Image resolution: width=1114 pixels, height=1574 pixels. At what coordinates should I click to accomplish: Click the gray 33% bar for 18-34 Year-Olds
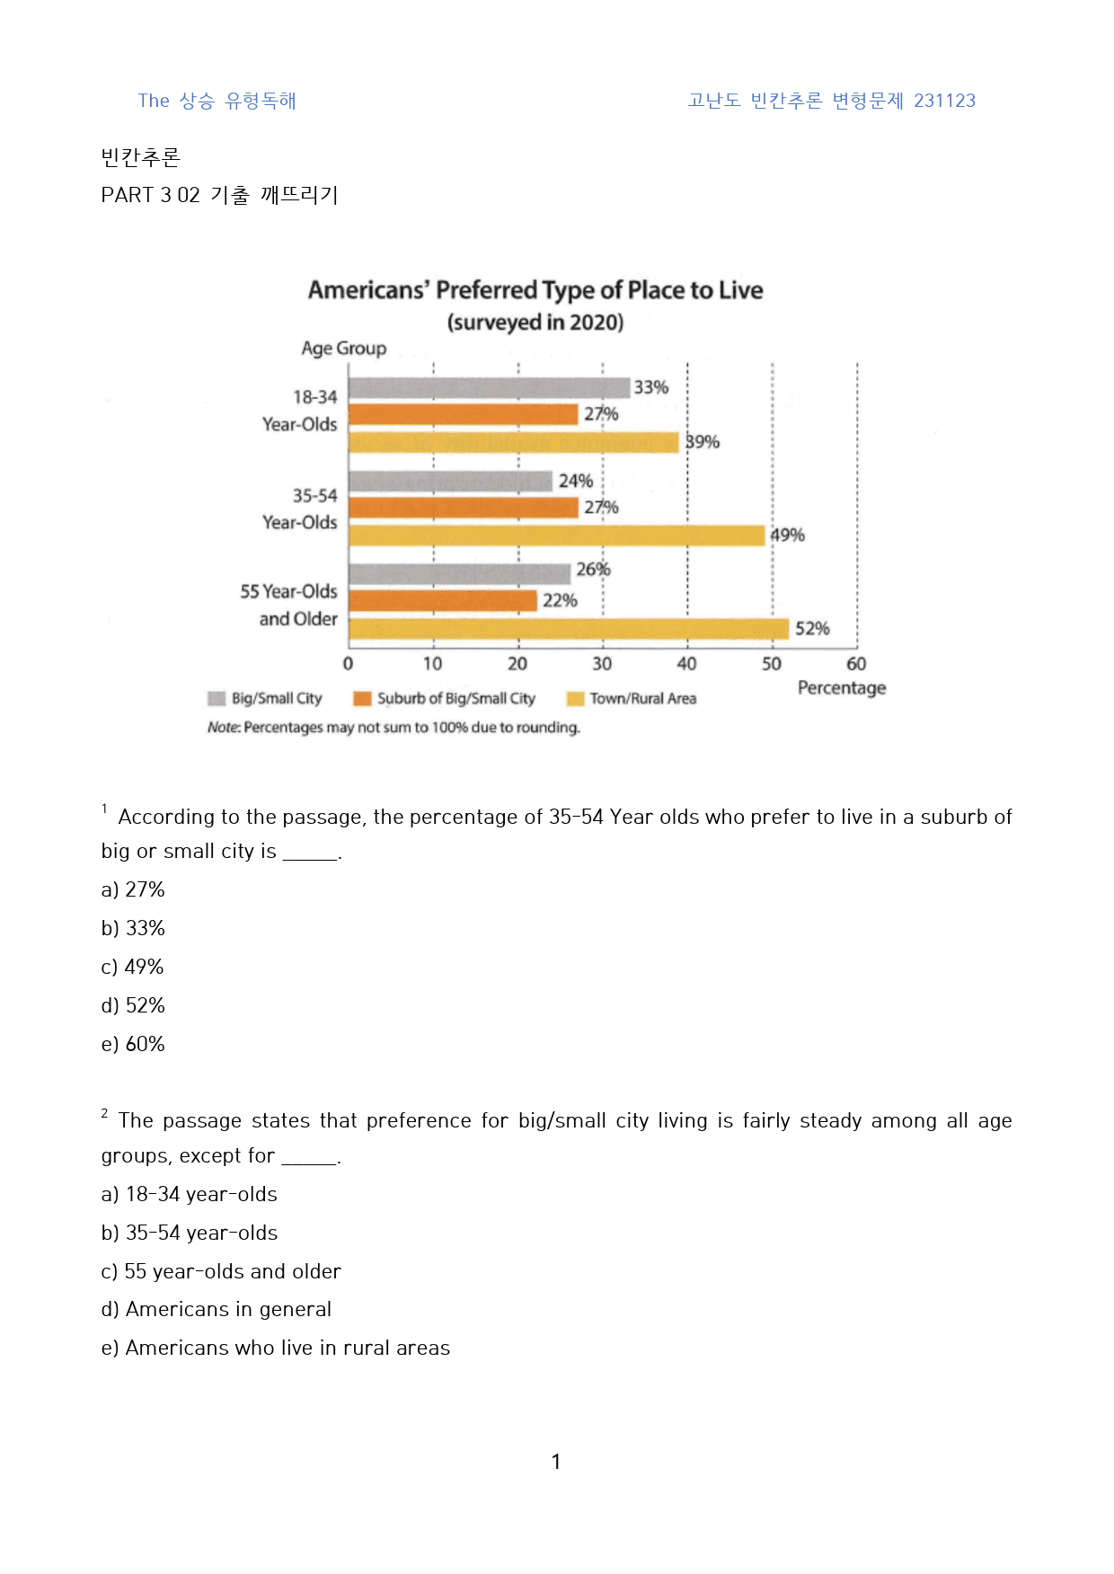(489, 387)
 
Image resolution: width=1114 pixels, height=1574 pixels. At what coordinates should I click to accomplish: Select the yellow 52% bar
(569, 628)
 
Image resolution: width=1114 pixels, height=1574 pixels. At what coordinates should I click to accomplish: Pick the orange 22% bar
(442, 600)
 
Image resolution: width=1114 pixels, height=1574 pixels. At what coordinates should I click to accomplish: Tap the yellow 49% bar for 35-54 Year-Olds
(556, 535)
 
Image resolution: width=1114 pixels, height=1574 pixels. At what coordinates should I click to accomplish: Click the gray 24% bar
(450, 481)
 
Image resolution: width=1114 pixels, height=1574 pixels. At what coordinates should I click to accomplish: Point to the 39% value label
(703, 442)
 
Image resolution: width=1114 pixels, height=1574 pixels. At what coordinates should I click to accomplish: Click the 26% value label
(593, 569)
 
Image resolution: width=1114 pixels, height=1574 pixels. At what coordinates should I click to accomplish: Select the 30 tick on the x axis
(602, 664)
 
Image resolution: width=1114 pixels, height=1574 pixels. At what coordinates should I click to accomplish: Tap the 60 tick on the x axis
(856, 664)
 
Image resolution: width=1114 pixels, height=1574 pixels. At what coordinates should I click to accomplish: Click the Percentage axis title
(842, 688)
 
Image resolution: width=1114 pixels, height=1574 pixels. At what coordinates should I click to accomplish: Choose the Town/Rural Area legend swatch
(575, 699)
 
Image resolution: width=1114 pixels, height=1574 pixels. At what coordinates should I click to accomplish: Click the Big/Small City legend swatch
(217, 699)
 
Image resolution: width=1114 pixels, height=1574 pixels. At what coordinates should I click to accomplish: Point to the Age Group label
(344, 349)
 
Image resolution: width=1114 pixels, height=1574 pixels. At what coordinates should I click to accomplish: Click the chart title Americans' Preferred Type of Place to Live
(535, 290)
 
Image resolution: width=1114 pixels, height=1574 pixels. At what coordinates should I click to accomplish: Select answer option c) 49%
(133, 967)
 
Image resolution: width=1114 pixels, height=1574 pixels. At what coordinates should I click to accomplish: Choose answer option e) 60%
(133, 1044)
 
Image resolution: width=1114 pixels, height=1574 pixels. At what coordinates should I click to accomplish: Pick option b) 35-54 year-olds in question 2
(190, 1233)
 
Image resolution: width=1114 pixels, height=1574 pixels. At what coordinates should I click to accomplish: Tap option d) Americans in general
(217, 1309)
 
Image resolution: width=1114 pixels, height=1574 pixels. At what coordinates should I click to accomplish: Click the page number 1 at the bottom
(556, 1462)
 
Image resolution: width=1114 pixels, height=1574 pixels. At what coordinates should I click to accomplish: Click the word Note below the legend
(223, 727)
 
